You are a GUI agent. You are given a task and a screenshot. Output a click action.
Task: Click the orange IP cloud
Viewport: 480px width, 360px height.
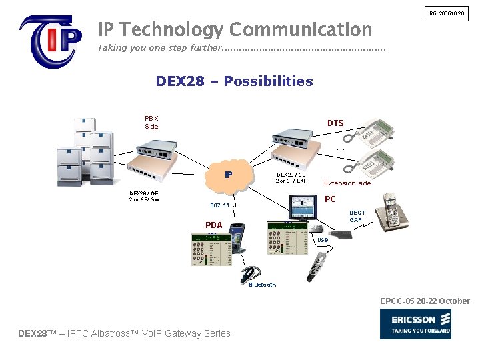click(x=229, y=175)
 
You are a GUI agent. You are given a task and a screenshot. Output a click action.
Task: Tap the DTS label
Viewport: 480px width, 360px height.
click(x=335, y=123)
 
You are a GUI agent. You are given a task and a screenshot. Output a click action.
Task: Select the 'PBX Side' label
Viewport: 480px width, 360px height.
click(x=151, y=122)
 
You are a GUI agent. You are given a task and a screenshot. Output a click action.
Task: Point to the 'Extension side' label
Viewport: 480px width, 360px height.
click(x=347, y=183)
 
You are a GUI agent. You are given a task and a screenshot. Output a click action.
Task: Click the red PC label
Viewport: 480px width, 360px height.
click(x=330, y=199)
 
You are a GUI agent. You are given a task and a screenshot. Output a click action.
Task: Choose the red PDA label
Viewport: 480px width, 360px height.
click(x=213, y=225)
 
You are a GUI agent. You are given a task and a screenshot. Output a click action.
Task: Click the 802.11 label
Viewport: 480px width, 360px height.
click(x=220, y=206)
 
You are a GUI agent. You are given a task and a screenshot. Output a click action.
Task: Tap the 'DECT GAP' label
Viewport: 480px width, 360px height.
click(x=357, y=217)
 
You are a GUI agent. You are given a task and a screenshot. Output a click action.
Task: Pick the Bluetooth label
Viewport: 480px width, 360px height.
click(x=262, y=285)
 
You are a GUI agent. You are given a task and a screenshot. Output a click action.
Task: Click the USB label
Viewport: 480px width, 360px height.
click(x=323, y=239)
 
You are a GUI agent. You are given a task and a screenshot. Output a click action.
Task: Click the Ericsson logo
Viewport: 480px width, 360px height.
click(x=415, y=324)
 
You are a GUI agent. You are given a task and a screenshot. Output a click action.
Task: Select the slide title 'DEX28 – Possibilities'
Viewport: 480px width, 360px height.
click(x=234, y=81)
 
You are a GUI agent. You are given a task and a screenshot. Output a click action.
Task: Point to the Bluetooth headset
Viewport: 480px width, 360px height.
click(x=251, y=273)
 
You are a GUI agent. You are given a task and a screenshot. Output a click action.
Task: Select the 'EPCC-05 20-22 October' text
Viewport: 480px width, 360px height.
click(x=425, y=301)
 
